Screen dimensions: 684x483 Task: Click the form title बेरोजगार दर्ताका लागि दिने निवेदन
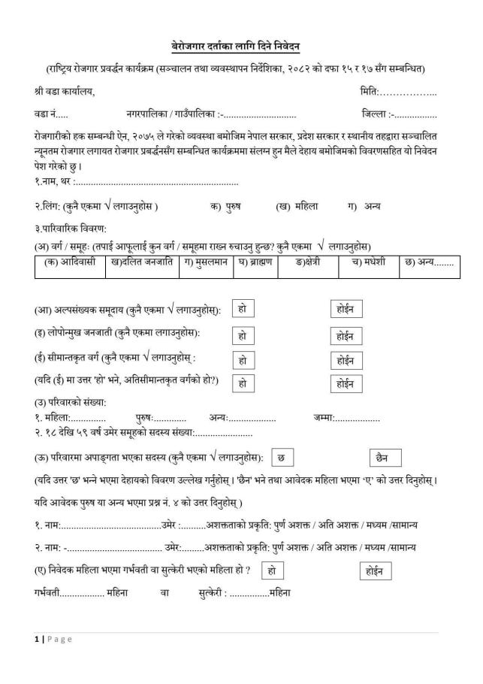pyautogui.click(x=241, y=47)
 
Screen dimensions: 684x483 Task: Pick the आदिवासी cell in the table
pyautogui.click(x=69, y=263)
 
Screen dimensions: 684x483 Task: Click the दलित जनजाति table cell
pyautogui.click(x=142, y=263)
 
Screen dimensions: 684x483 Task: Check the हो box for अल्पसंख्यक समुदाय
pyautogui.click(x=241, y=309)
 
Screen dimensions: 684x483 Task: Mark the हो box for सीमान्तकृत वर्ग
pyautogui.click(x=242, y=360)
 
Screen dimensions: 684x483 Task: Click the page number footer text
pyautogui.click(x=53, y=639)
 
